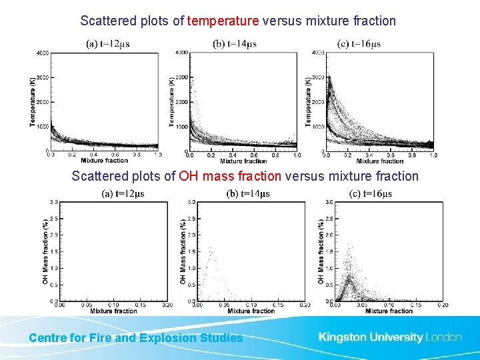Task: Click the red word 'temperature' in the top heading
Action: [223, 21]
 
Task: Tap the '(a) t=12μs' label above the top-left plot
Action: [108, 44]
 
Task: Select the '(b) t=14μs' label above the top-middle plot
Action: [235, 44]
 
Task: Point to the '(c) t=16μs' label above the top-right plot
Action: [359, 44]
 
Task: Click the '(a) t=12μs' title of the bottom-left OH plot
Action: [123, 194]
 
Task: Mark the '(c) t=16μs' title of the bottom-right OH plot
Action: [371, 194]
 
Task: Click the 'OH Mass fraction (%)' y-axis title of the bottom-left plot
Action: [45, 252]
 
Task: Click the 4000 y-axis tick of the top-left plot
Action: [42, 53]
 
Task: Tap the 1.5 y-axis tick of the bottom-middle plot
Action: [191, 251]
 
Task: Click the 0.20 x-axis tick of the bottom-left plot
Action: [167, 305]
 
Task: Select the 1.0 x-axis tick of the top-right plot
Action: [433, 155]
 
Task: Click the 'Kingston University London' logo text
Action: [390, 337]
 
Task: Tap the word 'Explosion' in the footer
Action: [176, 338]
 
